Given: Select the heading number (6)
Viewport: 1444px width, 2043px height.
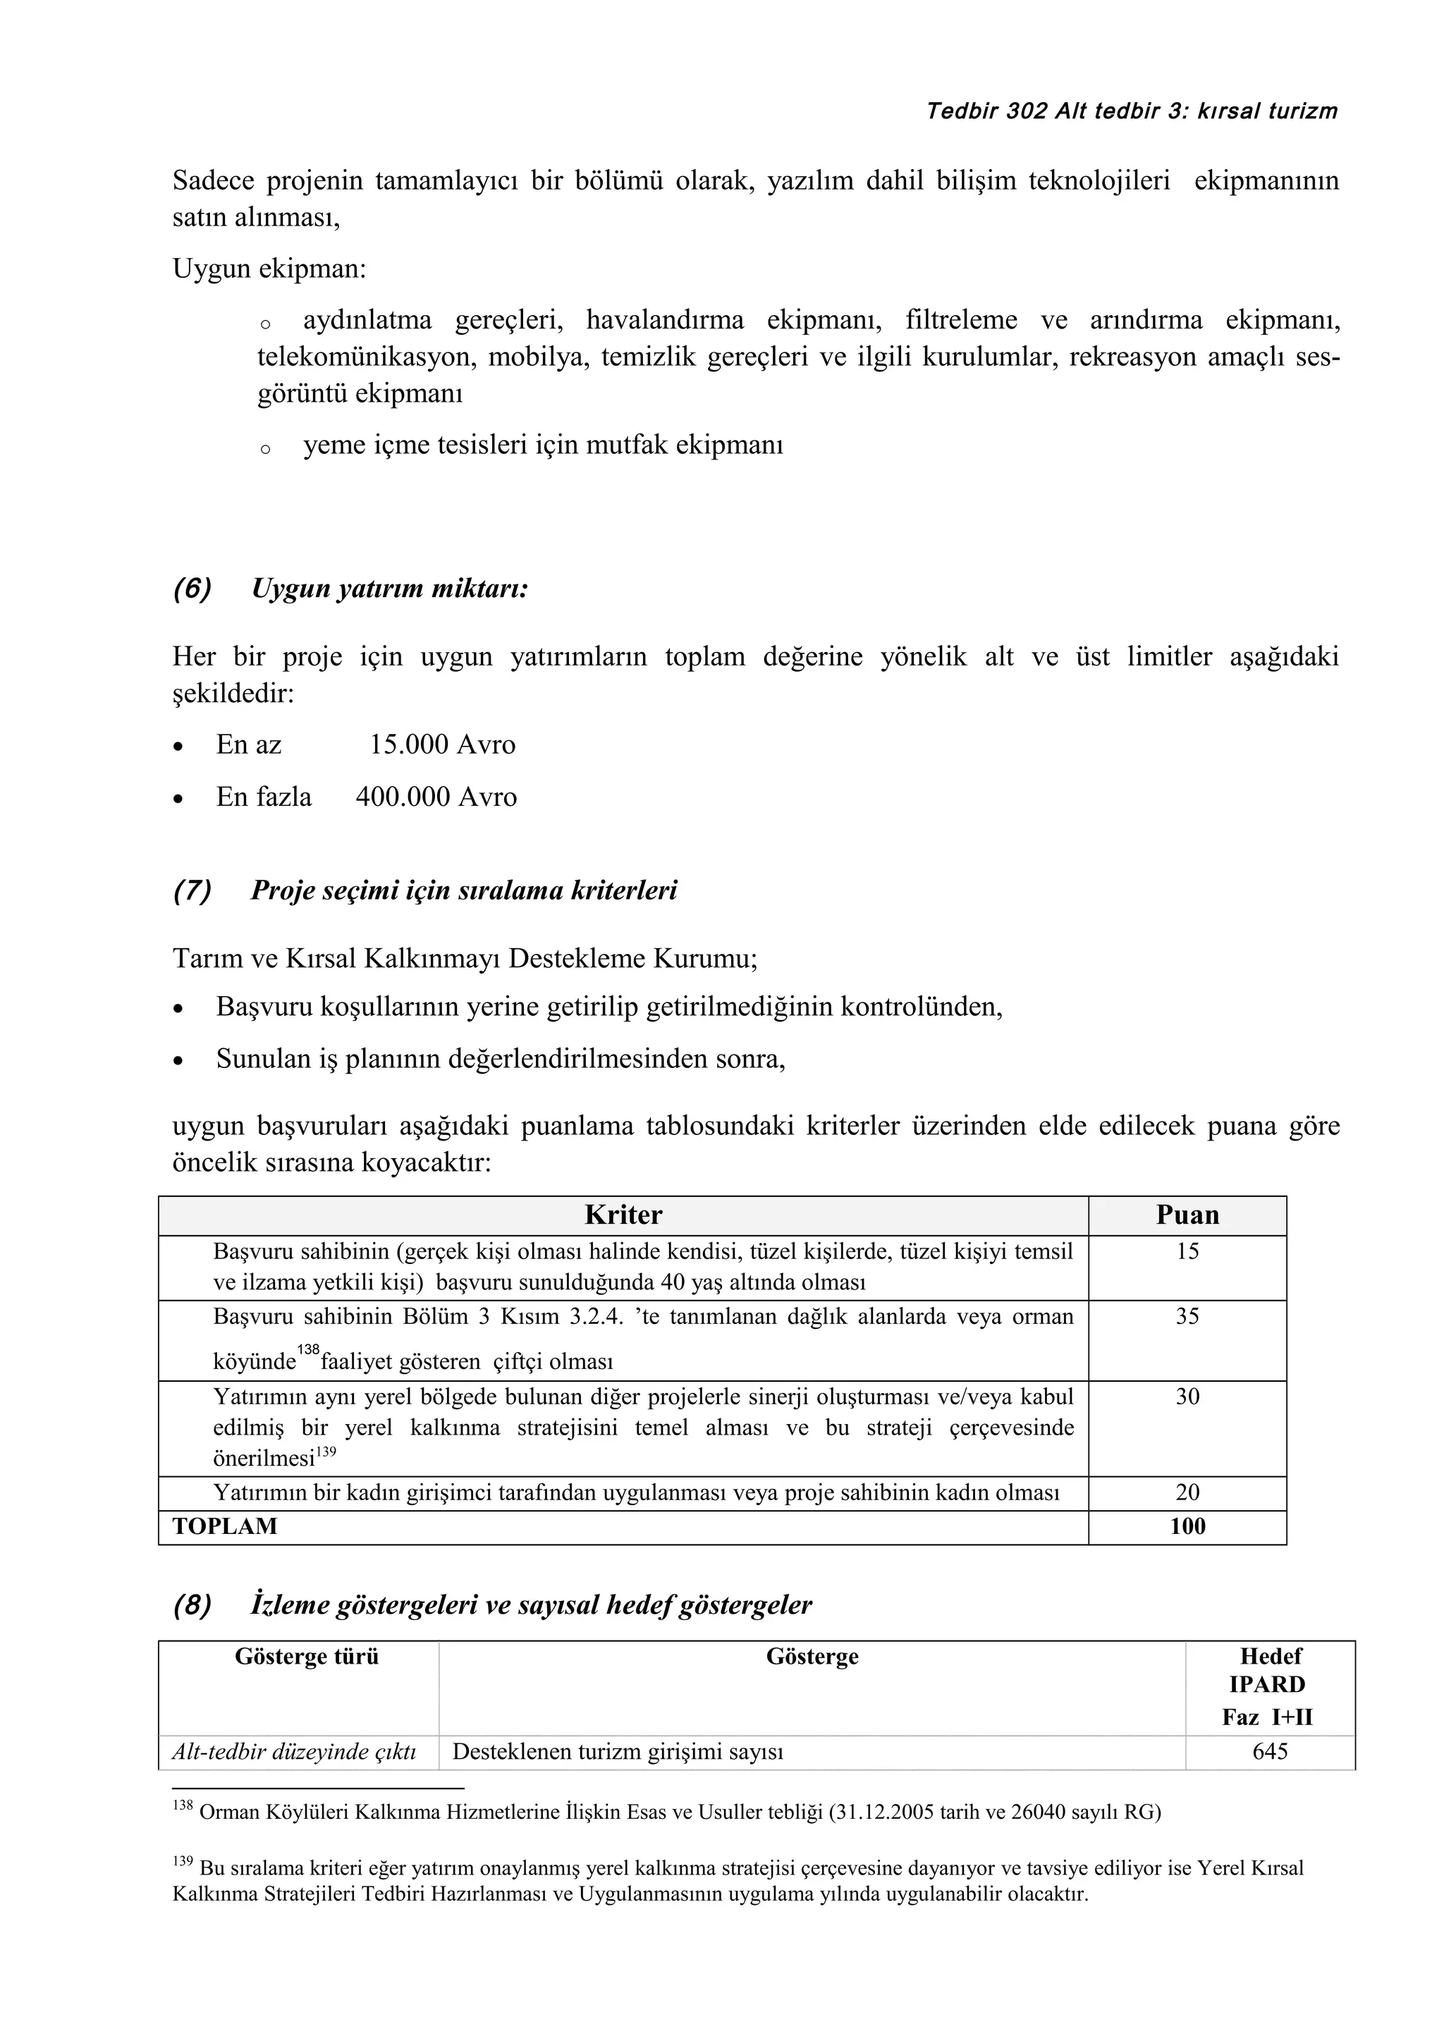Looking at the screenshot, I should coord(192,589).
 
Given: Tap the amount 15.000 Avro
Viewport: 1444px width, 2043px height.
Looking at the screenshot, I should coord(442,744).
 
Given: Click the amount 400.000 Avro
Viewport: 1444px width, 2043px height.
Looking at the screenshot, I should coord(436,797).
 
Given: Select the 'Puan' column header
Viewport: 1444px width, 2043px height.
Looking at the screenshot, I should coord(1187,1215).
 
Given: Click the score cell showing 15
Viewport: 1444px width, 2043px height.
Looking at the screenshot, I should coord(1187,1252).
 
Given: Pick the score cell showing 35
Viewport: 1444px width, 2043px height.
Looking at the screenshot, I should coord(1187,1317).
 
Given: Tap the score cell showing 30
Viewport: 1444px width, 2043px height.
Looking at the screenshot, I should coord(1187,1397).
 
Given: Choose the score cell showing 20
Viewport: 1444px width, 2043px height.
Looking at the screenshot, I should coord(1187,1492).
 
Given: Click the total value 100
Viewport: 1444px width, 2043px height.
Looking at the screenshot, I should coord(1187,1527).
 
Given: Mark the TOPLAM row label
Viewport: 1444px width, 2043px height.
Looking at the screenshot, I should coord(225,1527).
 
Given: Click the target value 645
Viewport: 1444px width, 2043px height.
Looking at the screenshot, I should coord(1270,1752).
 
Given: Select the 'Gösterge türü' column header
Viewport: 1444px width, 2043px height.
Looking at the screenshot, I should coord(306,1657).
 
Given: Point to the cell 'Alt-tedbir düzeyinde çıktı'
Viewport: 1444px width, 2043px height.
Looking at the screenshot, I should coord(295,1752).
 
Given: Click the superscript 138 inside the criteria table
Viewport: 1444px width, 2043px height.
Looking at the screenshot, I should coord(308,1351).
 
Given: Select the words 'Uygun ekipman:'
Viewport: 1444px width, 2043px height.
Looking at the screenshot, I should coord(269,269).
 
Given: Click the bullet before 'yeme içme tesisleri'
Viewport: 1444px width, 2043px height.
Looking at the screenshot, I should coord(265,449).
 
